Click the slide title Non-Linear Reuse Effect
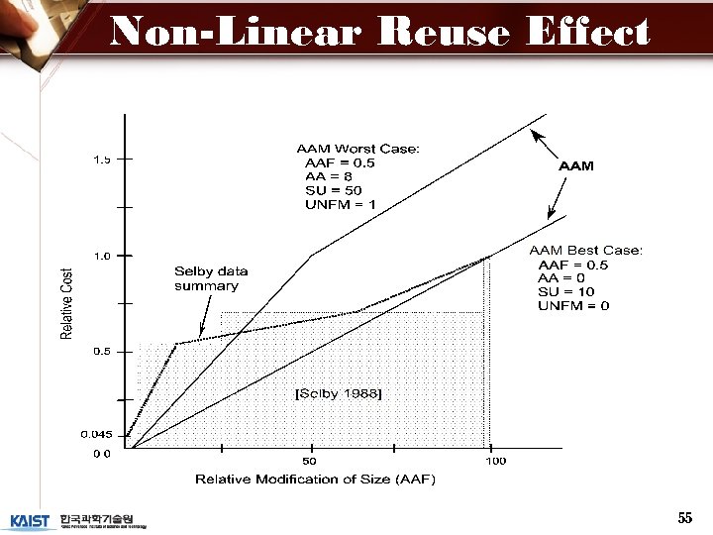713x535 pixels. [x=380, y=33]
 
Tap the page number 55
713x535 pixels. [x=684, y=518]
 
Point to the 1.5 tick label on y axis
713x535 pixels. [x=102, y=159]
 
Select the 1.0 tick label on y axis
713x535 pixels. [x=102, y=256]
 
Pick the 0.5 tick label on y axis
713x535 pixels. [x=102, y=352]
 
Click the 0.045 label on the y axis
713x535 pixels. [x=96, y=434]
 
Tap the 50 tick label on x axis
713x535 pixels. [x=310, y=461]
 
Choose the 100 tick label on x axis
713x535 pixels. [x=495, y=461]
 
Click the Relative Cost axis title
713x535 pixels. [x=67, y=303]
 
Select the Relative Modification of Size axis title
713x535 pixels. [x=315, y=480]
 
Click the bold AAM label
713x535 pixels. [x=576, y=166]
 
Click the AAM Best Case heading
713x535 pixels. [x=586, y=251]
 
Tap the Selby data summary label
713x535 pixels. [x=210, y=278]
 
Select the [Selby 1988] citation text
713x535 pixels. [x=339, y=393]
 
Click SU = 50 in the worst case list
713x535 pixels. [x=334, y=190]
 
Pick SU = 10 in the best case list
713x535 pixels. [x=566, y=291]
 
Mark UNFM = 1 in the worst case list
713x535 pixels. [x=341, y=204]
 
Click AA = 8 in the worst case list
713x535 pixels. [x=330, y=176]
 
